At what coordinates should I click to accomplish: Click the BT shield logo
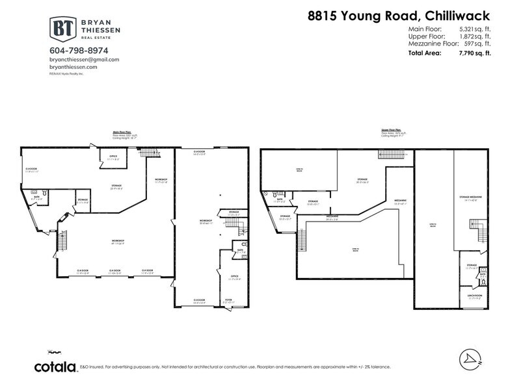[x=63, y=29]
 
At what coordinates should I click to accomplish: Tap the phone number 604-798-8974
[x=79, y=50]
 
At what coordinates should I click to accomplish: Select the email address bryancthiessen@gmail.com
[x=84, y=59]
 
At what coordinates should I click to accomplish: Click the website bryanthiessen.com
[x=74, y=67]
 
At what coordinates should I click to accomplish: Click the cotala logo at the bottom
[x=55, y=366]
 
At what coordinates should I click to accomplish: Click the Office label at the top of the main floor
[x=113, y=156]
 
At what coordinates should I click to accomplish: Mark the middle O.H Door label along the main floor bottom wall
[x=115, y=270]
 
